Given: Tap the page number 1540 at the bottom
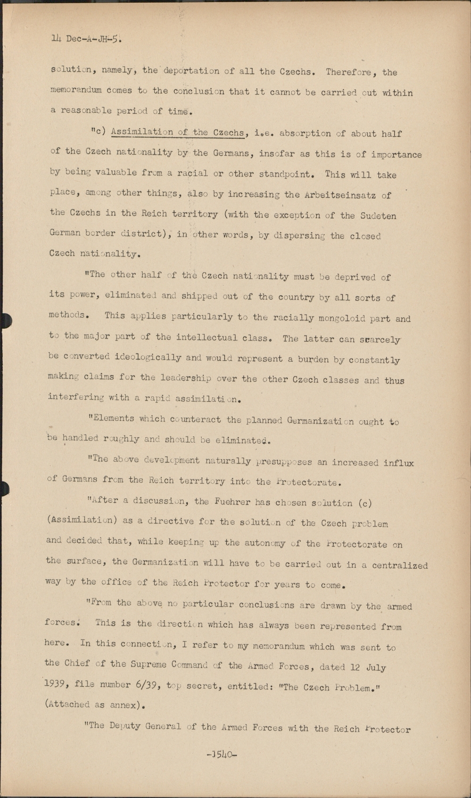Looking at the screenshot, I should pos(221,754).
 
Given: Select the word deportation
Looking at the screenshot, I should pos(191,71).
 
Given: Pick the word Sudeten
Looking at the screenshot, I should pos(378,215).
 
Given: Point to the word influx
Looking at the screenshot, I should pos(398,462).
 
